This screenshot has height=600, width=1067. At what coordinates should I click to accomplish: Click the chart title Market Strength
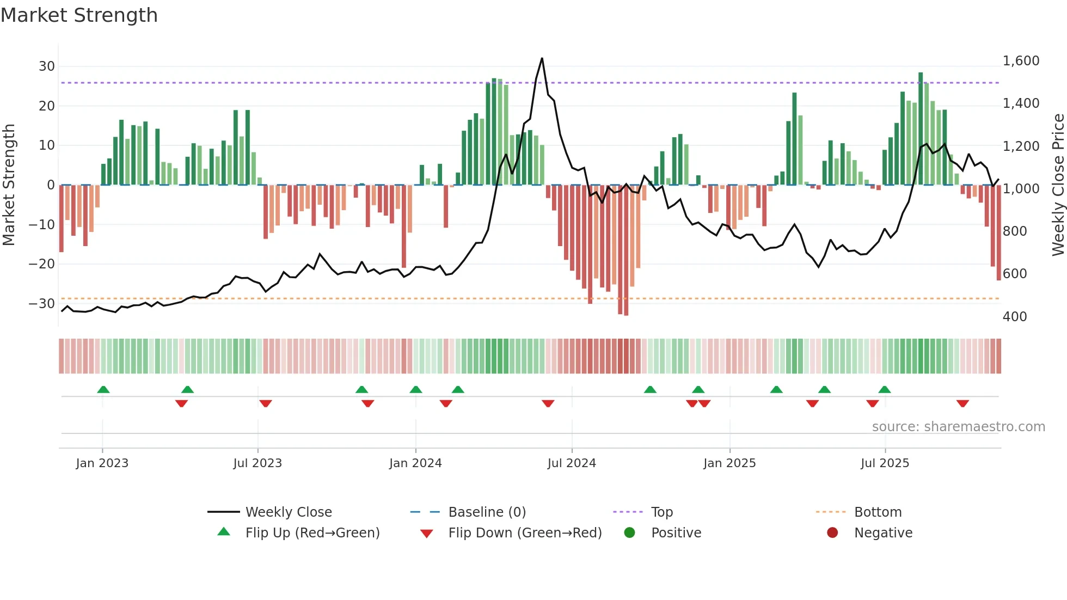click(79, 15)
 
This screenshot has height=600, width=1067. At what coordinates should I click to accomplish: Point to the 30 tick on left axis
click(47, 66)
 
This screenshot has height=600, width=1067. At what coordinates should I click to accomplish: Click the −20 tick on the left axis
click(41, 264)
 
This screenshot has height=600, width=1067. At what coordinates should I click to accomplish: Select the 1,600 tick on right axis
click(1021, 61)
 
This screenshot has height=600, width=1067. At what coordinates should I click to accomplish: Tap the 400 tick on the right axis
click(1014, 317)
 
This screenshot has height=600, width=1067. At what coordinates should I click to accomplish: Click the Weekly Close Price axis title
click(1058, 185)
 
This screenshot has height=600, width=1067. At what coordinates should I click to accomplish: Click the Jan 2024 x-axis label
click(415, 463)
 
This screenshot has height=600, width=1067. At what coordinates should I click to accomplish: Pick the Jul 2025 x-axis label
click(885, 463)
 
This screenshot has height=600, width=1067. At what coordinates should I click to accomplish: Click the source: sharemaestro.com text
click(958, 427)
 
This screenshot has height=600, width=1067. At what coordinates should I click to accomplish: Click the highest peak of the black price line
click(542, 59)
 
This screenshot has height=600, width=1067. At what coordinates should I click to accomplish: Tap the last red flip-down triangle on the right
click(962, 403)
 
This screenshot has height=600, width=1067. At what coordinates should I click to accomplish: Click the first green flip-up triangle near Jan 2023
click(103, 389)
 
